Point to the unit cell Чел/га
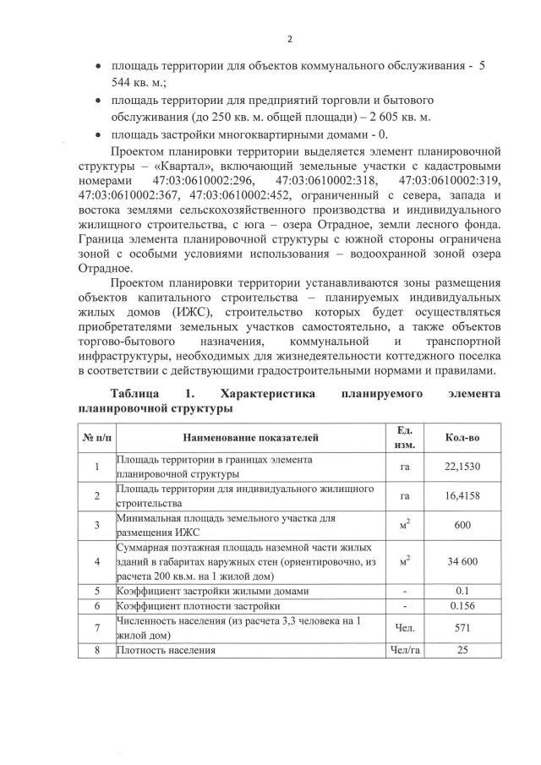coord(403,650)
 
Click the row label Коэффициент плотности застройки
coord(201,606)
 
